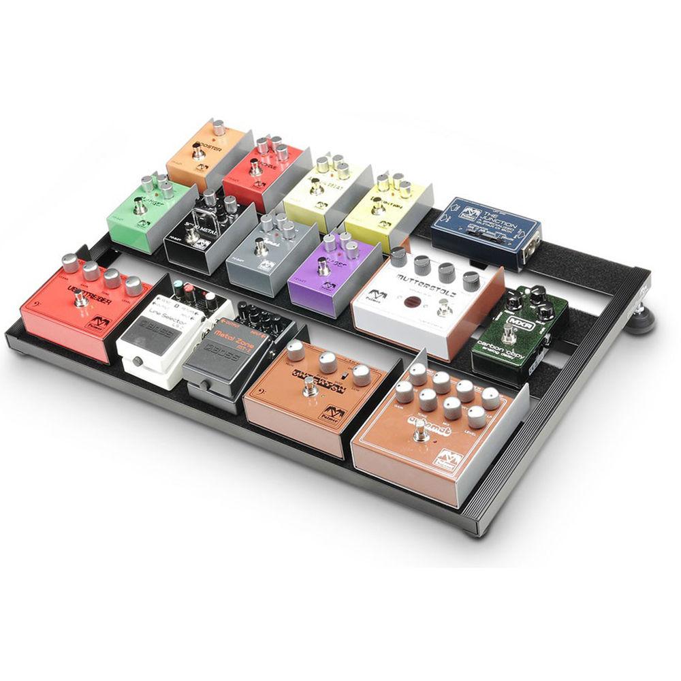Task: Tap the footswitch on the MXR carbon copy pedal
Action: pos(507,335)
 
